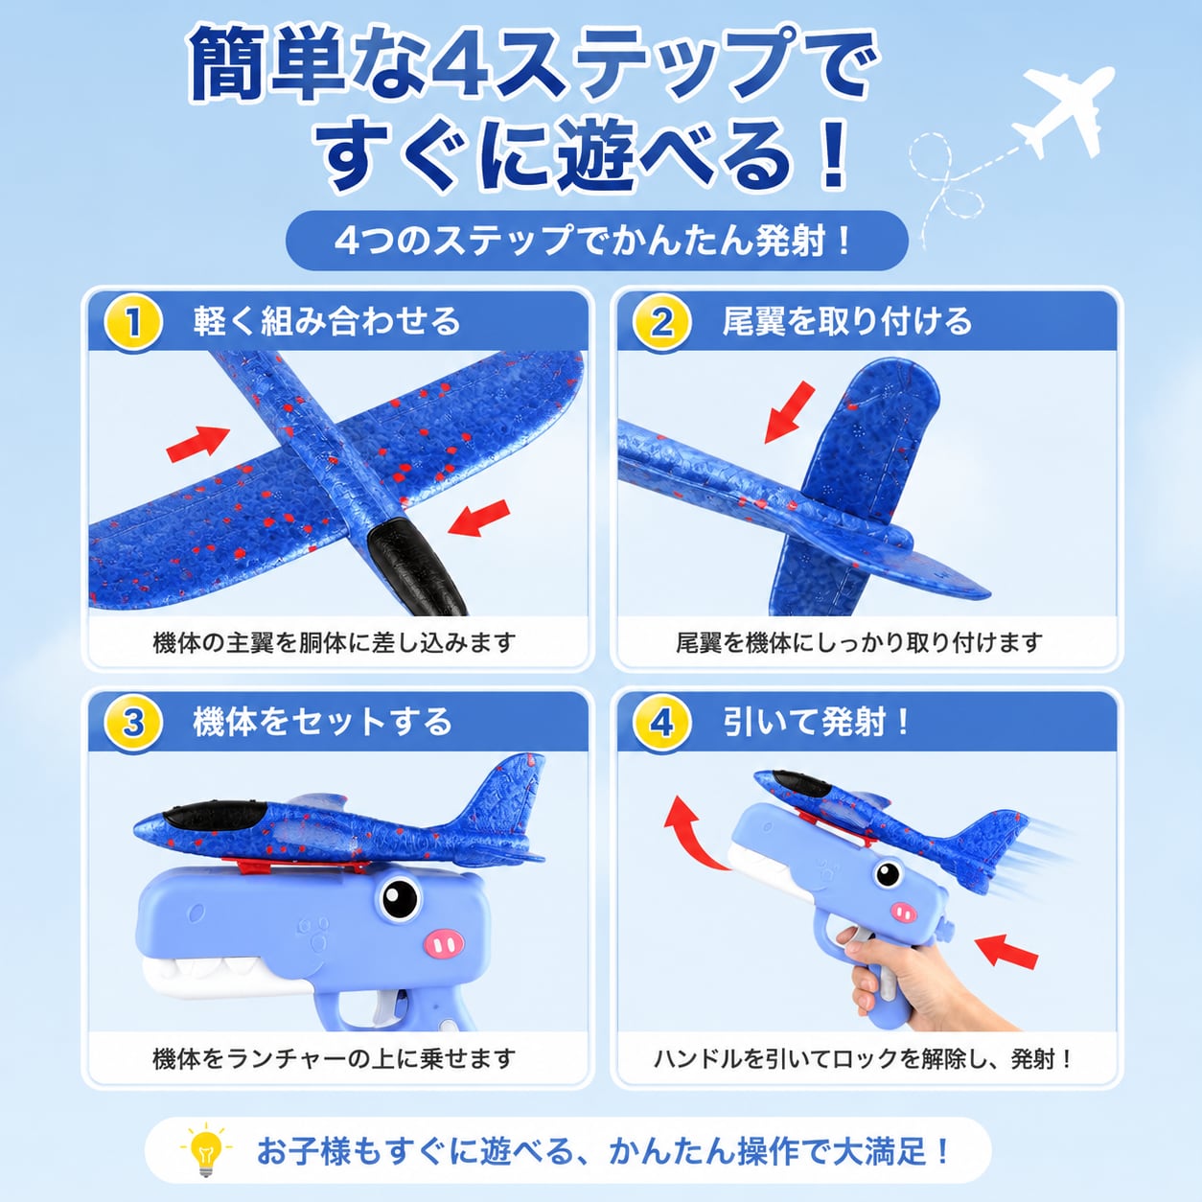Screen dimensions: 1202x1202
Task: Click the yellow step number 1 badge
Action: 133,322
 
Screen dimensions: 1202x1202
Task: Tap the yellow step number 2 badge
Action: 661,322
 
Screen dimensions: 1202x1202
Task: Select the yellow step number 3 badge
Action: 133,724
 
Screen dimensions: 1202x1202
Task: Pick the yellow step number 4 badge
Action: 661,724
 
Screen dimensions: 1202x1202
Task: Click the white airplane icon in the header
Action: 1064,111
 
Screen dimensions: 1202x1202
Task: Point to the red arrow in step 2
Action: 789,412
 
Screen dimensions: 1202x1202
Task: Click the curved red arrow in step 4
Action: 690,830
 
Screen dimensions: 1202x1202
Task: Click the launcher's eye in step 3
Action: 399,899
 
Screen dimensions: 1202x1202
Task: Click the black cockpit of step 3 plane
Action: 214,815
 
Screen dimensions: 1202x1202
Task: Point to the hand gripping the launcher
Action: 898,985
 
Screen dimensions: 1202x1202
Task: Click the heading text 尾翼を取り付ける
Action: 847,322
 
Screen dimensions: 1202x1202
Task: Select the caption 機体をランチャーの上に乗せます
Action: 334,1058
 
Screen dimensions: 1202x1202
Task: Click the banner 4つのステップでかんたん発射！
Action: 594,241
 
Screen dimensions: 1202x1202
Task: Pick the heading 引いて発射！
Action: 817,723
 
